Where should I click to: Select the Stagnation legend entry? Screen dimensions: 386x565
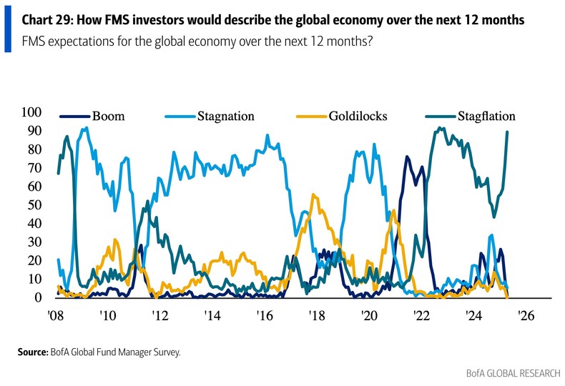(x=225, y=116)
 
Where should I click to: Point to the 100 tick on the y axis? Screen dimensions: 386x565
(x=32, y=112)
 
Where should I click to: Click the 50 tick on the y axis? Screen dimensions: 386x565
(x=35, y=205)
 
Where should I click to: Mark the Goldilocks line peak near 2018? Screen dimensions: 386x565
(x=313, y=194)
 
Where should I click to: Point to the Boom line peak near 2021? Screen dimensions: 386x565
(x=407, y=157)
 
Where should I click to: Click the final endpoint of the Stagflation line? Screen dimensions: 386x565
(x=507, y=132)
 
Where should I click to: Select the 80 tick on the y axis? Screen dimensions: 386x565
(x=35, y=149)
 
